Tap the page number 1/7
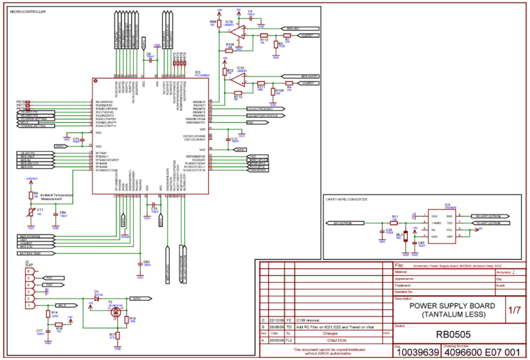[515, 310]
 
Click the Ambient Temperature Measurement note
[57, 197]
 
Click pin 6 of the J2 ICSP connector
[28, 272]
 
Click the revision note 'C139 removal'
[308, 321]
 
